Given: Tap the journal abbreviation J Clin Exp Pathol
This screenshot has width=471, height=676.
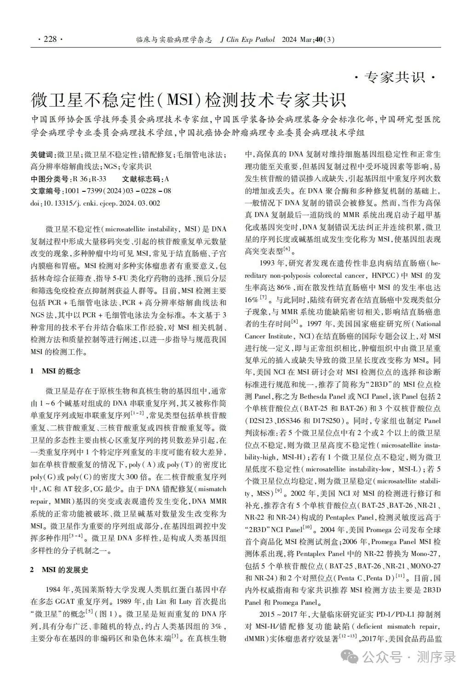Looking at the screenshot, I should coord(247,40).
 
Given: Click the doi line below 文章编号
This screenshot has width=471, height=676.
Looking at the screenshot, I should coord(96,203).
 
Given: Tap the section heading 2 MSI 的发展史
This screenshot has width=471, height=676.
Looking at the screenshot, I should coord(59,570).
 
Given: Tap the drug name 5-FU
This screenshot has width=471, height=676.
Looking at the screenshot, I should coord(125,279).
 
